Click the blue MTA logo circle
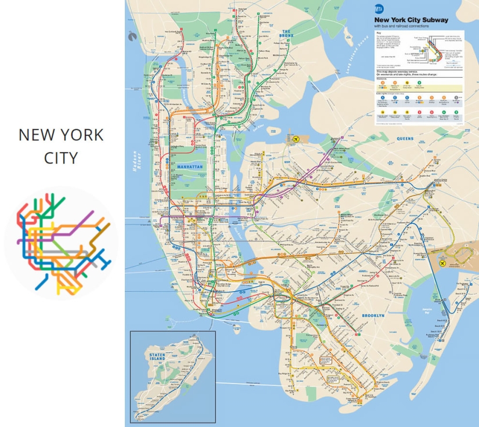tap(379, 9)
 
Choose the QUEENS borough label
tap(405, 139)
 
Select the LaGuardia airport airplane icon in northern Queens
tap(296, 139)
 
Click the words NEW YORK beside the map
tap(61, 135)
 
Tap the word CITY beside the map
tap(61, 157)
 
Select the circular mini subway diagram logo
tap(61, 242)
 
